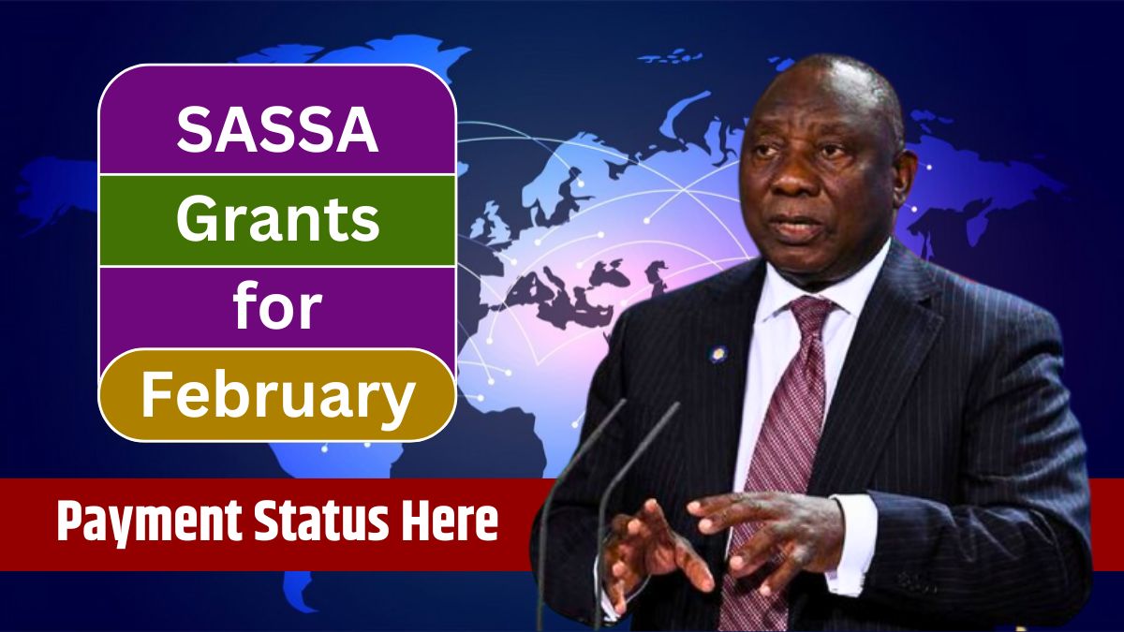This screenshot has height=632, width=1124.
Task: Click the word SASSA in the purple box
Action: click(x=277, y=130)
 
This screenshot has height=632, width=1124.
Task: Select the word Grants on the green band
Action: click(x=277, y=221)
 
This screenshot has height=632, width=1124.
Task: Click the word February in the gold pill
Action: click(x=277, y=395)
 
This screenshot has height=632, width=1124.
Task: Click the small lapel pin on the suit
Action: click(x=718, y=353)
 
